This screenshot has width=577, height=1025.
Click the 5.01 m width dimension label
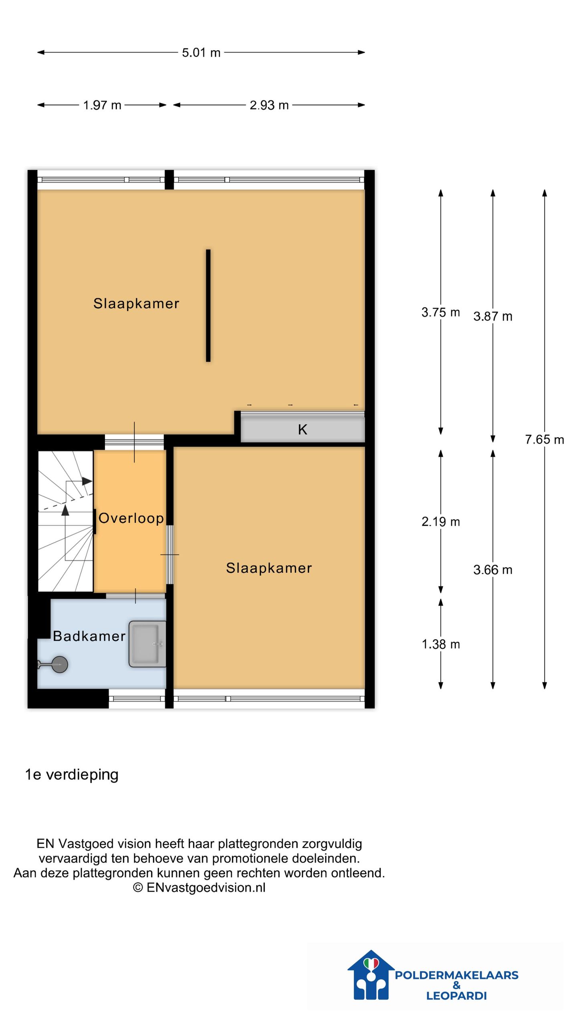(201, 52)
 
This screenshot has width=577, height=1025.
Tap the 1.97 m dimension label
(102, 105)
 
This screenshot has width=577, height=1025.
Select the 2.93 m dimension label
(269, 105)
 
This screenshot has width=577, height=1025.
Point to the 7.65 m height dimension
(544, 440)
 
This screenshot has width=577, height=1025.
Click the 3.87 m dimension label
(492, 316)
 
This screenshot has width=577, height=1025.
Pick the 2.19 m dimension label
(440, 522)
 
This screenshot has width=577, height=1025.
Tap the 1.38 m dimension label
(440, 644)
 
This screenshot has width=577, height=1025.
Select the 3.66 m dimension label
(492, 570)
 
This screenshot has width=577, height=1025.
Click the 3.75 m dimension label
(440, 312)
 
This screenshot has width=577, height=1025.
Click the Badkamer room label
(89, 636)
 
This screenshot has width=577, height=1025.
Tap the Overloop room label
(131, 518)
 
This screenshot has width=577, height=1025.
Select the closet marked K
(303, 430)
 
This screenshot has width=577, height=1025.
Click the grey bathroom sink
(147, 644)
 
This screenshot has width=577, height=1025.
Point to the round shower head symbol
(60, 665)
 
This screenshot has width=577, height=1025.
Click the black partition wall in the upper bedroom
(208, 305)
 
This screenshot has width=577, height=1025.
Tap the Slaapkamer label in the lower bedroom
(269, 568)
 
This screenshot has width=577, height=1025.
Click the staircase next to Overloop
(65, 521)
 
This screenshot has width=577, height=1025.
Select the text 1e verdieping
(72, 775)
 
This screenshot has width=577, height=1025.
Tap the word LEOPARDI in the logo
(456, 996)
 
